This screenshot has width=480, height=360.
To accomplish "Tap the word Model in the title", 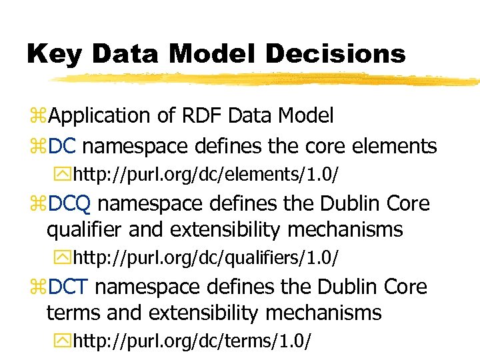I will coord(197,54).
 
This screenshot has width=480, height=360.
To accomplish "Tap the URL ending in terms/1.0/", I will coord(191,341).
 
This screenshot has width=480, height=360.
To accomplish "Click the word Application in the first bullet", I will coord(100,116).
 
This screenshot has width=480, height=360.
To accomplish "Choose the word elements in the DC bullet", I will coord(395,145).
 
